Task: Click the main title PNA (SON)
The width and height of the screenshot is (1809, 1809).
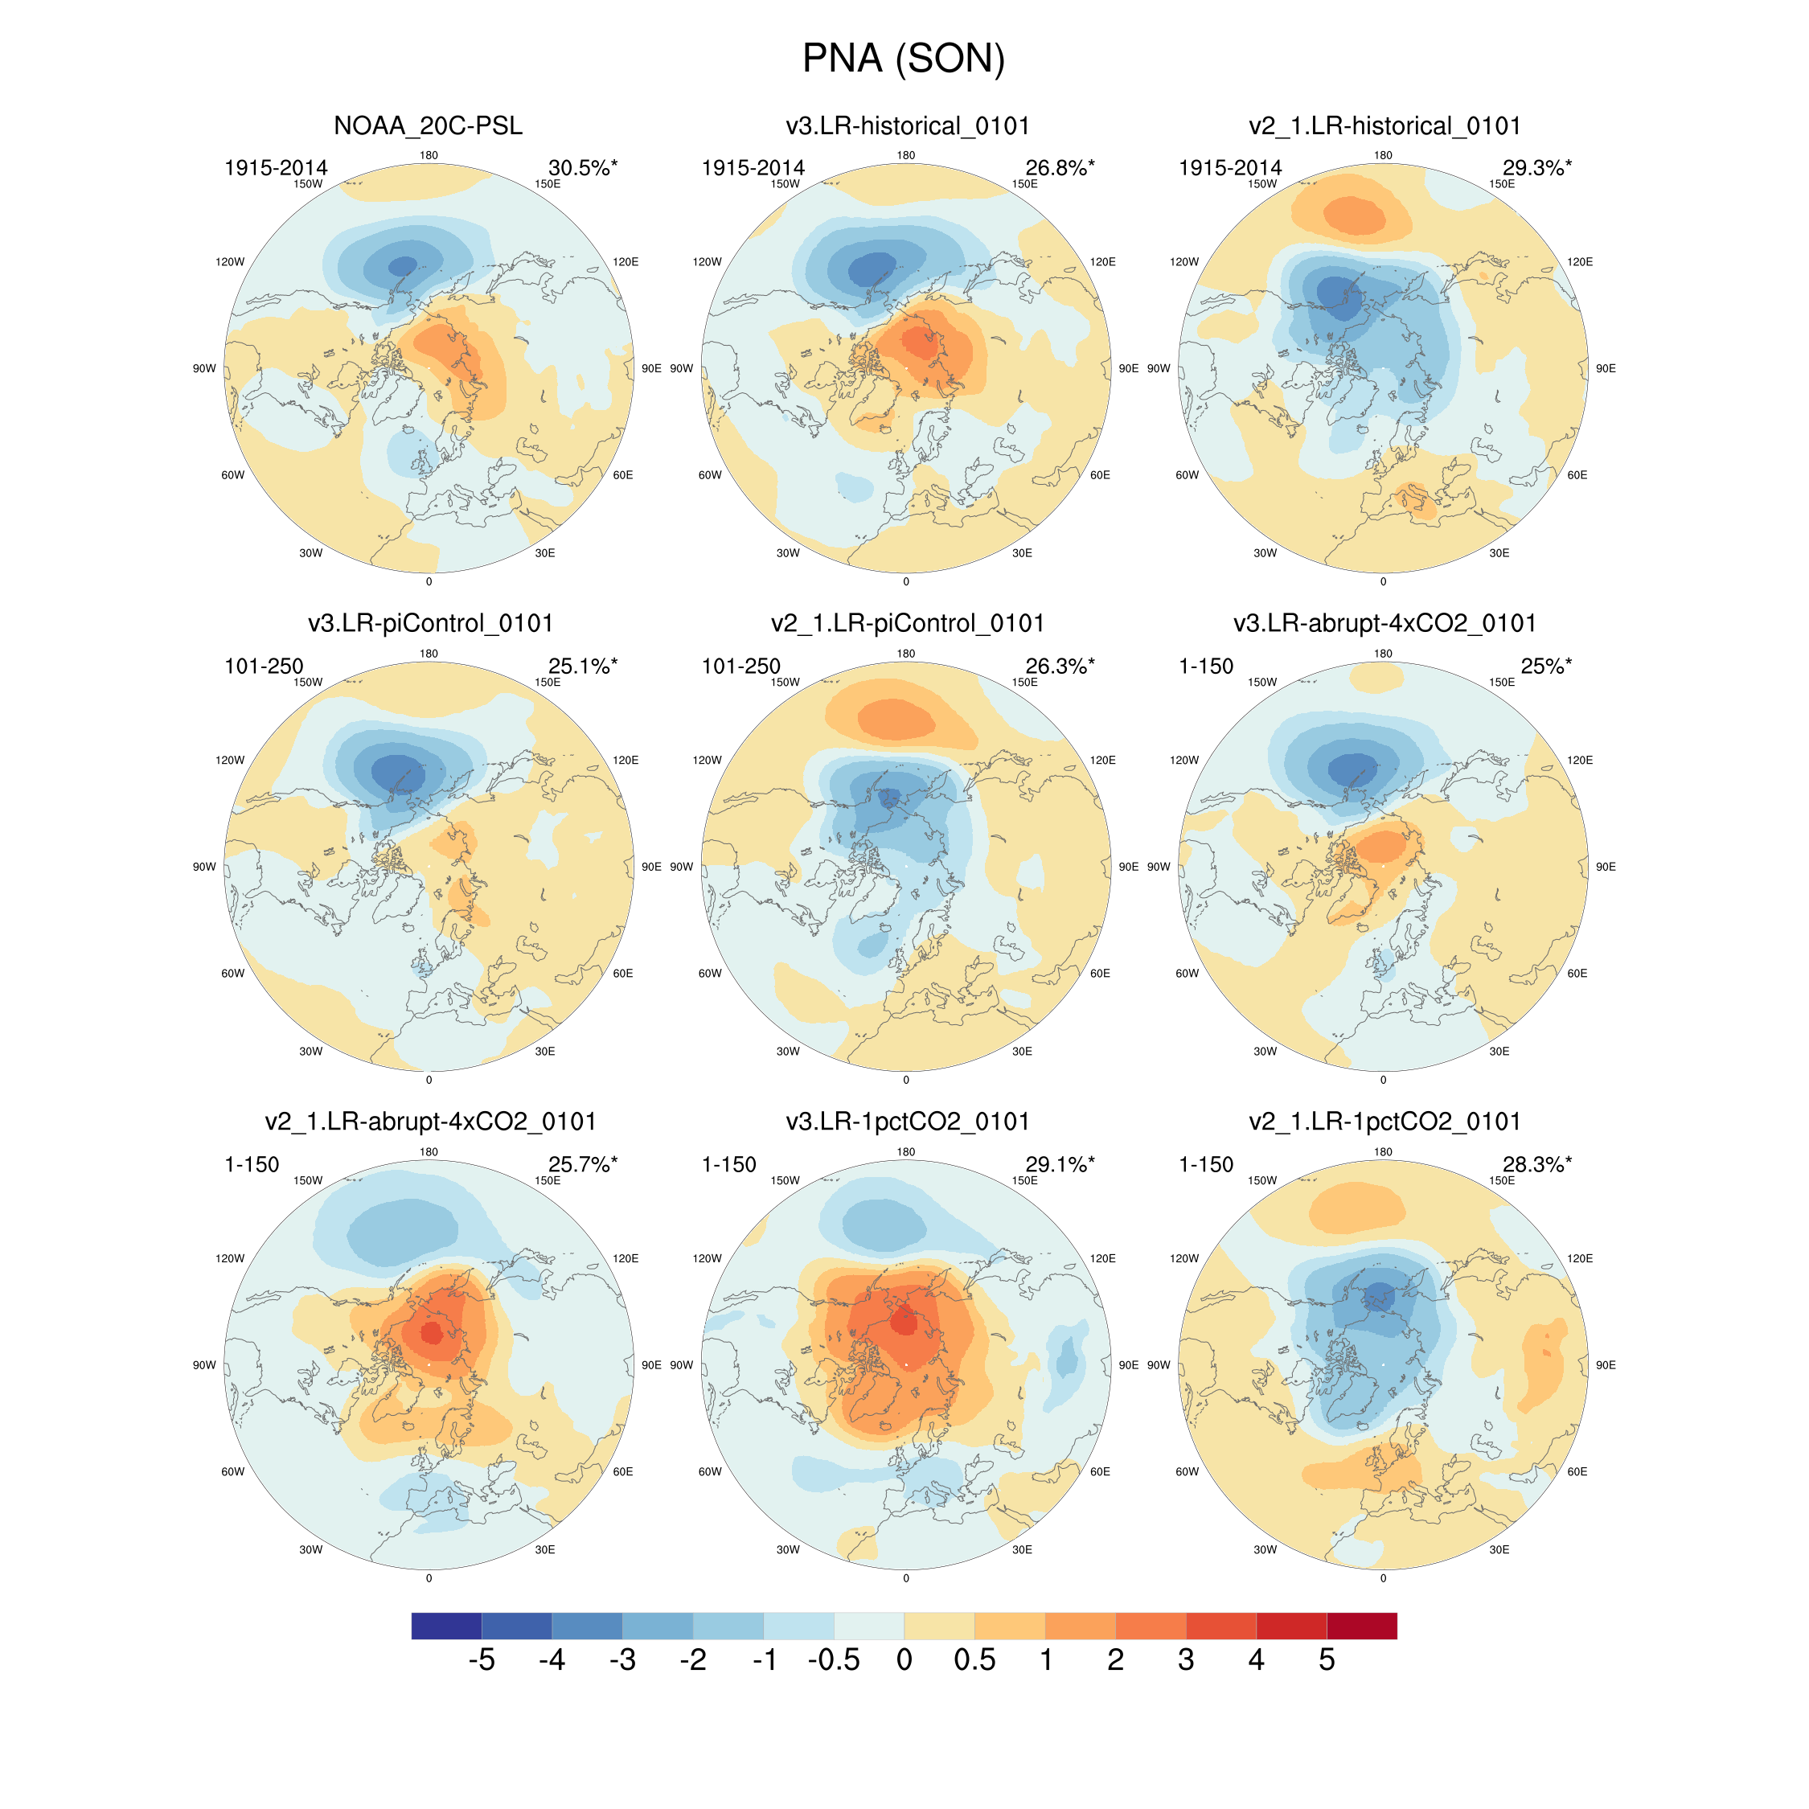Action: [x=904, y=59]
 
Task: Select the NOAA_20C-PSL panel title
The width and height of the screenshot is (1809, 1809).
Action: [x=428, y=125]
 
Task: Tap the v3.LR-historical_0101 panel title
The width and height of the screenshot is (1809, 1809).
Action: [x=907, y=125]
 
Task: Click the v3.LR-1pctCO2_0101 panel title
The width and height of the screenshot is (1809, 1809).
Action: [x=907, y=1122]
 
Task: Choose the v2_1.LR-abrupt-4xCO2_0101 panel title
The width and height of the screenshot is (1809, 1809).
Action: [x=430, y=1122]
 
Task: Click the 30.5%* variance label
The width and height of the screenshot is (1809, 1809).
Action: [x=582, y=167]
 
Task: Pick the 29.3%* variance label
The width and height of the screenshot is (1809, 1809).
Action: [x=1536, y=167]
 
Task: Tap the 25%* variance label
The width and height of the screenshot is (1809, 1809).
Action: [x=1545, y=666]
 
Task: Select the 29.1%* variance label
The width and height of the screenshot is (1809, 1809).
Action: [x=1059, y=1164]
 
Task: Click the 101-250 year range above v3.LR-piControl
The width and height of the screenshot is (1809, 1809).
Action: [x=263, y=666]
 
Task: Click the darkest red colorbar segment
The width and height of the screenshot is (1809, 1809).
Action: [x=1361, y=1626]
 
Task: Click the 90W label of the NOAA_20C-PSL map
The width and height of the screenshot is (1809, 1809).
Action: [x=204, y=369]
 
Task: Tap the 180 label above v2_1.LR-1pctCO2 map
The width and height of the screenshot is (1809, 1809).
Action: [x=1383, y=1151]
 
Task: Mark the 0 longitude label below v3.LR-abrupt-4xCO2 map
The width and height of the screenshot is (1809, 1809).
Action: [x=1383, y=1081]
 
